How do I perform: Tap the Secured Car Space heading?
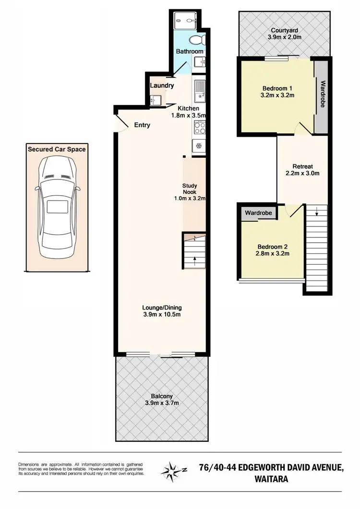(57, 149)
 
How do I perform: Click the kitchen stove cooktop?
(199, 127)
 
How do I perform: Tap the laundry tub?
(155, 100)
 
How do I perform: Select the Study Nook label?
(190, 189)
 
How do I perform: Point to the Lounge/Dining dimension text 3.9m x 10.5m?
(161, 315)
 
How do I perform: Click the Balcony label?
(161, 396)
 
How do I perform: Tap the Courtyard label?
(284, 29)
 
